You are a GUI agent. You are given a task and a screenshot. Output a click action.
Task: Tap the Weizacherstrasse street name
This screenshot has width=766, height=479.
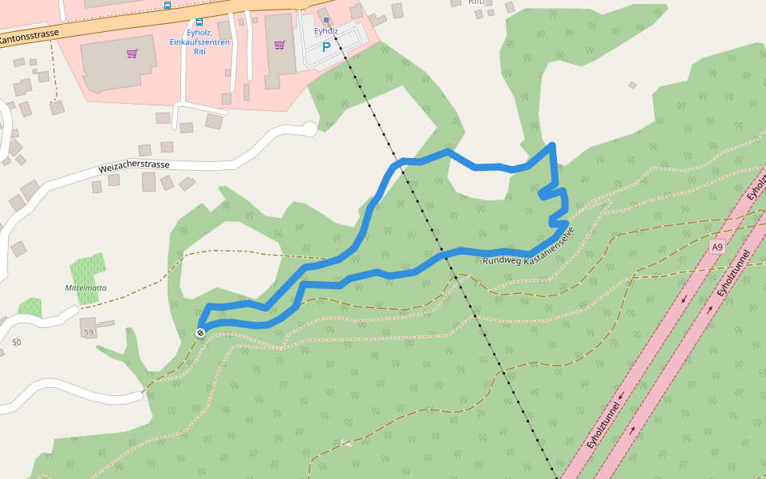tap(134, 167)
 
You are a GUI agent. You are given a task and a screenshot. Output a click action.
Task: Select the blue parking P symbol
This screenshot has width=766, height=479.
tap(326, 47)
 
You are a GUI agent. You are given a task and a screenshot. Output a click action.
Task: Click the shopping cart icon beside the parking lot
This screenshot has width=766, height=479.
tap(279, 45)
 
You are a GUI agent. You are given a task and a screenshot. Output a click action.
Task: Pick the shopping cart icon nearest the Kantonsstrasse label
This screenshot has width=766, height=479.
tap(132, 53)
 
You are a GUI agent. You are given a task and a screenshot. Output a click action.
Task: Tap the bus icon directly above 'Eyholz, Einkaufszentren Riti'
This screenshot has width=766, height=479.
tap(199, 22)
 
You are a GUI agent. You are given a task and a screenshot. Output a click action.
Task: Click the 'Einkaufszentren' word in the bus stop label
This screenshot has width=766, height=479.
tap(199, 42)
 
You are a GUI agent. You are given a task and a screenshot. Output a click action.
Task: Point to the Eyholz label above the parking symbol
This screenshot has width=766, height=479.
tap(326, 31)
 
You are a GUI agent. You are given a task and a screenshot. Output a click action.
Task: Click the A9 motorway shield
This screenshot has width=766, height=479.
tap(717, 247)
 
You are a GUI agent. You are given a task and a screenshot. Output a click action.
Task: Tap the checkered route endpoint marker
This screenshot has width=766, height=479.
tap(200, 333)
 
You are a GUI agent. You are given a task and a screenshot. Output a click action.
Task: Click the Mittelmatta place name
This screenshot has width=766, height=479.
tap(86, 287)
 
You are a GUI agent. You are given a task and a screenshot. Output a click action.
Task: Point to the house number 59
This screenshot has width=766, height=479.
tap(89, 331)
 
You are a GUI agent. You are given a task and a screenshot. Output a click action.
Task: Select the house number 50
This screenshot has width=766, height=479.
tap(16, 342)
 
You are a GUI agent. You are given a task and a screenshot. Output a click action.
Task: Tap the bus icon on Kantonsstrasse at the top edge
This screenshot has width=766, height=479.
tap(167, 5)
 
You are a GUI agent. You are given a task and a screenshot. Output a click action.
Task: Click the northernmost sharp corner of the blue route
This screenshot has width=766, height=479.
tap(552, 144)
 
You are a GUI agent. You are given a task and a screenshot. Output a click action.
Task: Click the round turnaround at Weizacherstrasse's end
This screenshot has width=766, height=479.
tap(310, 128)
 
